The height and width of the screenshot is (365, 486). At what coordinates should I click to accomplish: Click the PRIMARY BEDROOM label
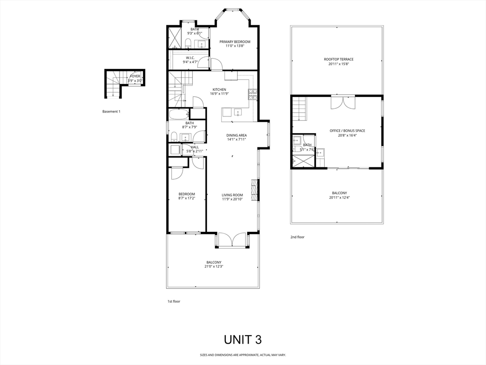[234, 42]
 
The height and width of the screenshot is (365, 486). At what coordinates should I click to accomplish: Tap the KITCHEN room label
[219, 89]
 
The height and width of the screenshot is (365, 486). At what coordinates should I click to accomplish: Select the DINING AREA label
[236, 135]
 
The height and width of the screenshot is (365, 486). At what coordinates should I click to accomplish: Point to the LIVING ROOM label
[232, 195]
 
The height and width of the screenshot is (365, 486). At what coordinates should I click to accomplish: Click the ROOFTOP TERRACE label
[338, 59]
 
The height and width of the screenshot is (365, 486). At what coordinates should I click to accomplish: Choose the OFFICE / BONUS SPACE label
[347, 131]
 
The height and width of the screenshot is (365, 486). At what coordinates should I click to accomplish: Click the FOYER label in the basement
[135, 76]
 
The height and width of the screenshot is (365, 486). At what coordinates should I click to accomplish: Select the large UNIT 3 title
[243, 339]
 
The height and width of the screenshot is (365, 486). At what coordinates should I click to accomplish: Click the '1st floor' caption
[174, 301]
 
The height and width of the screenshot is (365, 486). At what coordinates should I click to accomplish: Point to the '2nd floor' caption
[297, 237]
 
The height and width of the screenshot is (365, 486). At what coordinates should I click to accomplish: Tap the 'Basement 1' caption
[112, 112]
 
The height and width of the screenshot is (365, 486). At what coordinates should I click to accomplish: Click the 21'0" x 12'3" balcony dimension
[214, 267]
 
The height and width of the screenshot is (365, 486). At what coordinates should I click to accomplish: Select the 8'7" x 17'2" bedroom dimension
[187, 198]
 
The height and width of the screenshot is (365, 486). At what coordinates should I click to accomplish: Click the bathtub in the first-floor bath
[179, 114]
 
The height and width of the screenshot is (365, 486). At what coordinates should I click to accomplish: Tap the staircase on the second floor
[299, 108]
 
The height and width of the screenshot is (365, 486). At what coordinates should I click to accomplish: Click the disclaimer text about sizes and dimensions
[243, 355]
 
